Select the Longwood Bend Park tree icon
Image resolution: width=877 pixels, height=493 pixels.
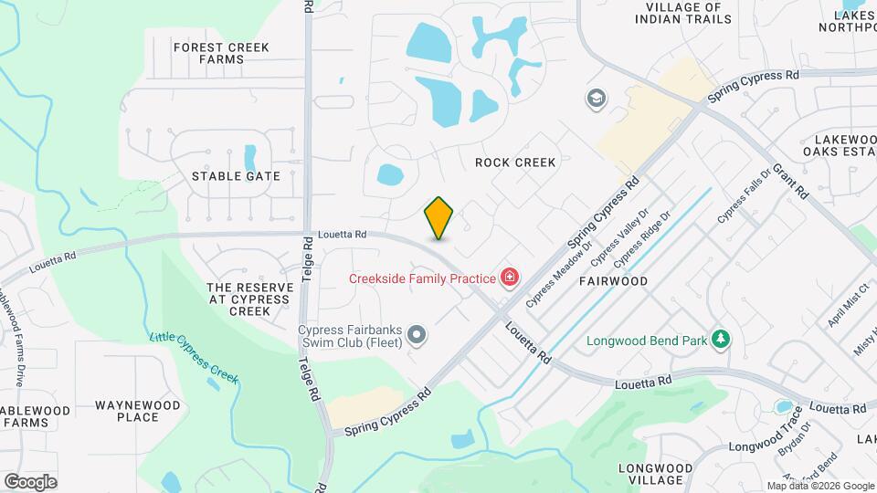[x=721, y=340]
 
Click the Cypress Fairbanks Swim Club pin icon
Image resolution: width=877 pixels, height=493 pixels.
[x=417, y=336]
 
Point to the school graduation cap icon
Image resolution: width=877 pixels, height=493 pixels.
[x=597, y=98]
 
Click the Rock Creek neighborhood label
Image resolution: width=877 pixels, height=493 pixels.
[x=515, y=163]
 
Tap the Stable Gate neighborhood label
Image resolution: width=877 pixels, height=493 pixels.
[x=236, y=176]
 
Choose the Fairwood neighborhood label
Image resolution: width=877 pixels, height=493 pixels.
[x=613, y=281]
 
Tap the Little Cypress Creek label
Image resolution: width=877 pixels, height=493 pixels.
[x=194, y=357]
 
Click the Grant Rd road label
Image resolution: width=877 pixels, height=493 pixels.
[x=791, y=182]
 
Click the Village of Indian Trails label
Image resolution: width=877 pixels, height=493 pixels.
[x=688, y=12]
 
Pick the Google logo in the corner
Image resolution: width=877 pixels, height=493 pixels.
[x=30, y=480]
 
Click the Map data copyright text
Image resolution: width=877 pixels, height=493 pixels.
[x=819, y=486]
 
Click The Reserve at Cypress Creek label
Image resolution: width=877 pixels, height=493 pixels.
[x=250, y=299]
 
